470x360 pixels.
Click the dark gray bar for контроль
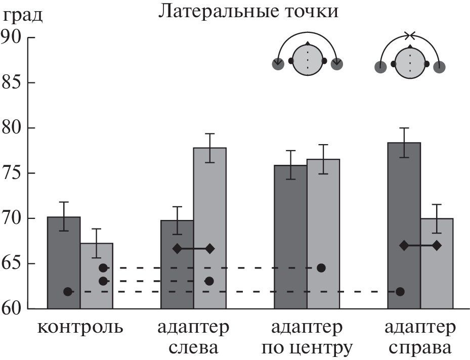click(x=64, y=253)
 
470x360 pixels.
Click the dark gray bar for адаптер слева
click(x=177, y=268)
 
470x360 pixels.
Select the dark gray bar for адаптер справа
click(x=404, y=212)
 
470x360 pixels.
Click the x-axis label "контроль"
click(x=80, y=327)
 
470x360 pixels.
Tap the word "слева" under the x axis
click(x=193, y=348)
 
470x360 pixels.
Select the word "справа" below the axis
click(x=420, y=349)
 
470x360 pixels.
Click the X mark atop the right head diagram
click(x=410, y=35)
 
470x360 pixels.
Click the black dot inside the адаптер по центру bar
click(x=321, y=267)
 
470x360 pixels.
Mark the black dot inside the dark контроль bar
click(x=68, y=292)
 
